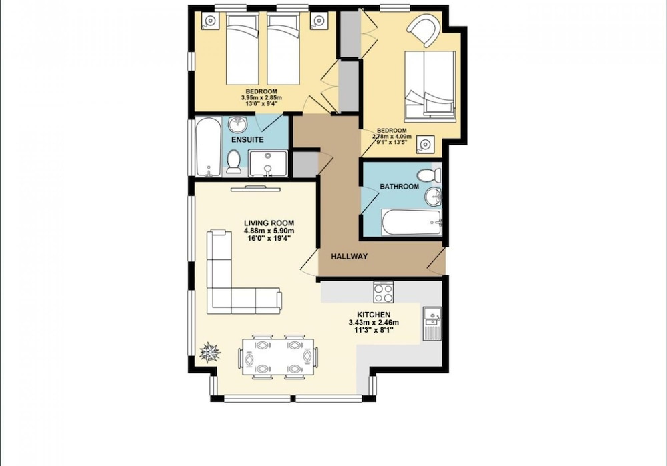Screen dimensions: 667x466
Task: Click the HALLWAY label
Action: tap(350, 257)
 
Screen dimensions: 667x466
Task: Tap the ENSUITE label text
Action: tap(247, 139)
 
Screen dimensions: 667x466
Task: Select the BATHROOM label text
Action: tap(399, 186)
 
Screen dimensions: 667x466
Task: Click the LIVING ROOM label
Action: tap(269, 223)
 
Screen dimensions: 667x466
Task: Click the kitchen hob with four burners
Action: tap(383, 293)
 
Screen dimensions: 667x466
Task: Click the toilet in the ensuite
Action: tap(233, 161)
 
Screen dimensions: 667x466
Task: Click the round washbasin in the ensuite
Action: tap(237, 125)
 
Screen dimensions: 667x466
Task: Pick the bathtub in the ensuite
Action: tap(209, 147)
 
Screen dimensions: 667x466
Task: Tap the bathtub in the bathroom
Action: tap(412, 222)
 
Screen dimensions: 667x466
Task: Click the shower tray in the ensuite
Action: tap(268, 163)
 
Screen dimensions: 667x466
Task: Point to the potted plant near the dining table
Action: tap(210, 353)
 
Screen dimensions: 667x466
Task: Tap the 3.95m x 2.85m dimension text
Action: tap(261, 98)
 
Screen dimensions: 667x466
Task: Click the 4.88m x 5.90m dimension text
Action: tap(269, 231)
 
